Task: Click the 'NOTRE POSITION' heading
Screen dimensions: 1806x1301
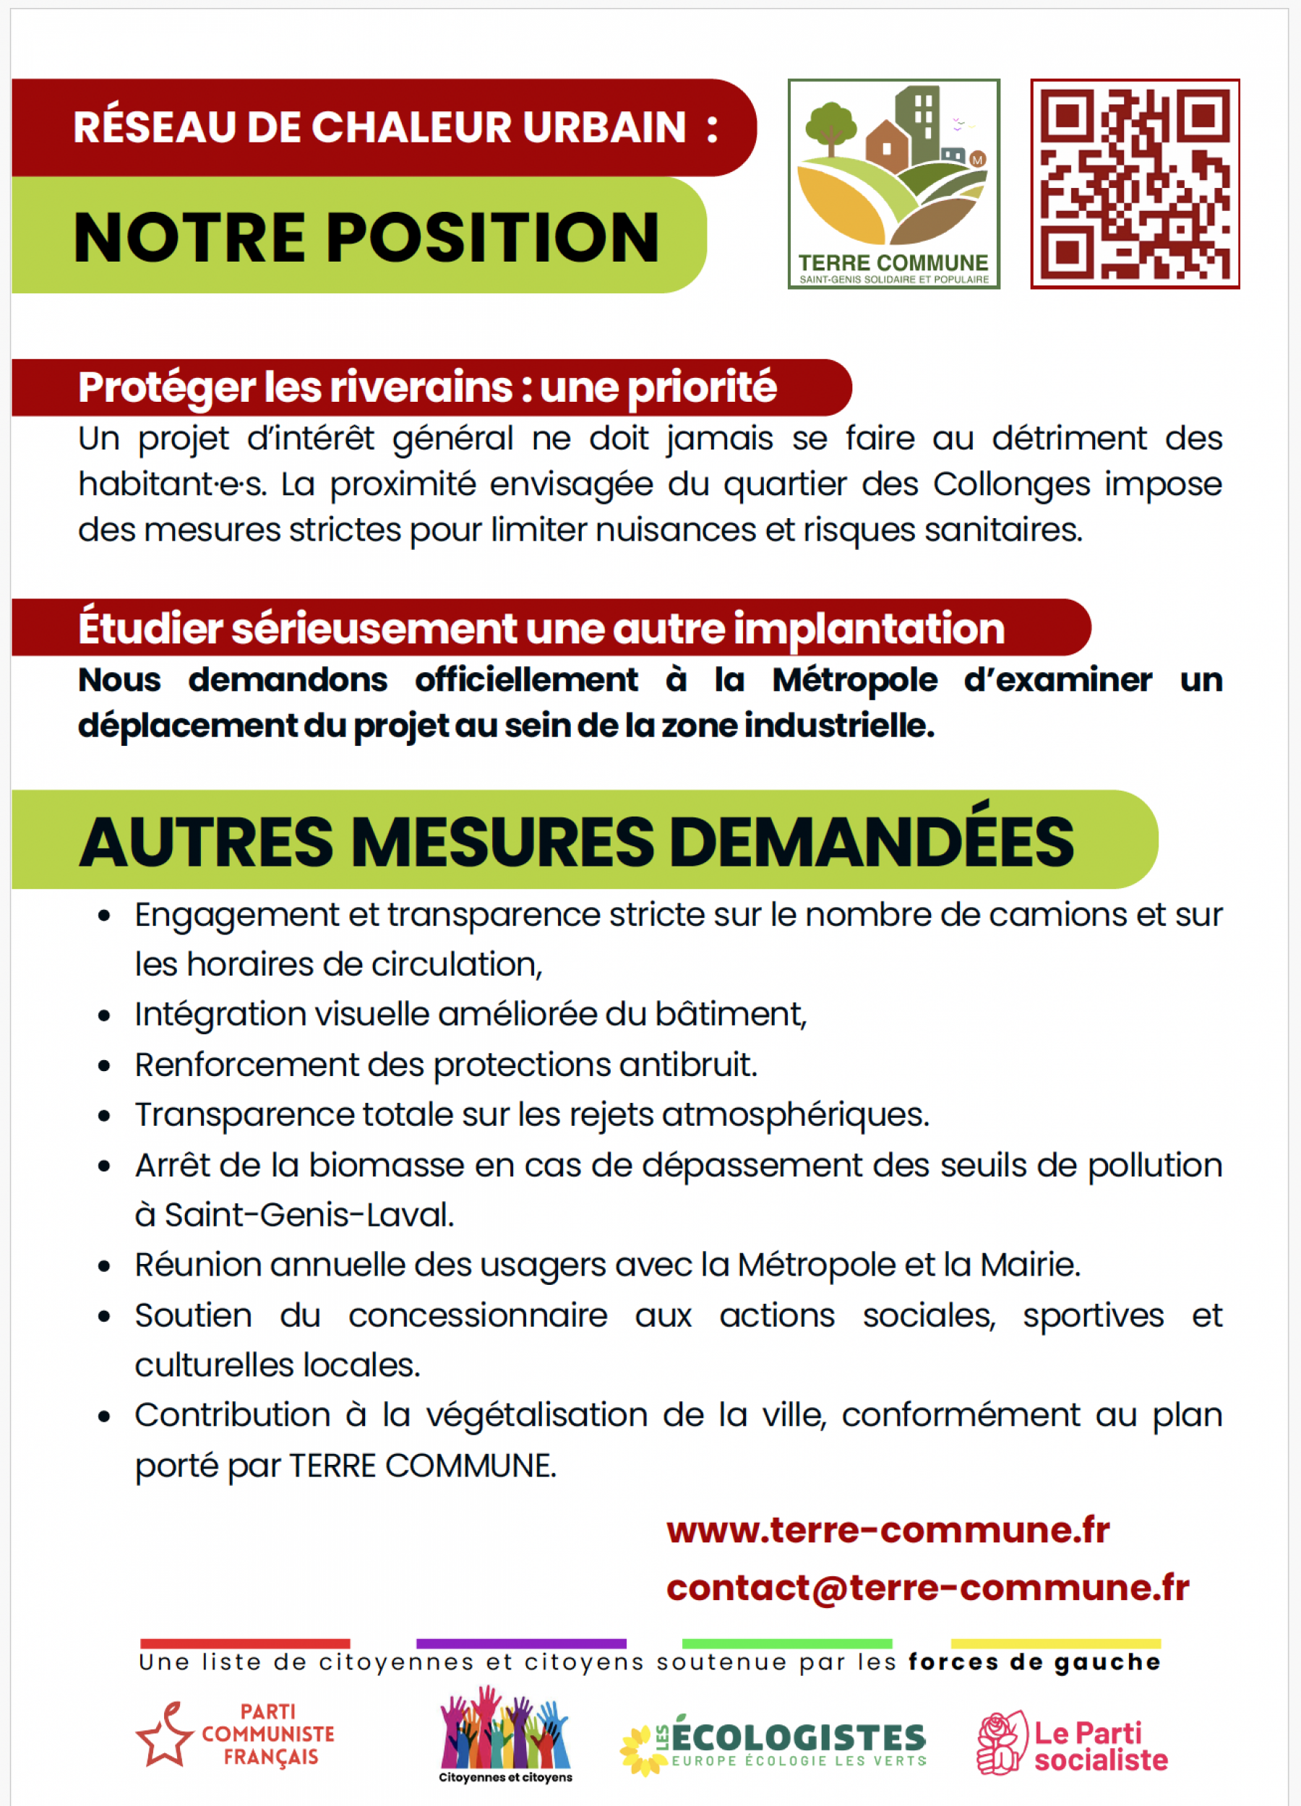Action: pos(366,237)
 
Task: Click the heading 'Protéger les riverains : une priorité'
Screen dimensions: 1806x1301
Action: pos(426,388)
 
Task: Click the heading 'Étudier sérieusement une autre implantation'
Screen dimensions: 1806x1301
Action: pos(541,628)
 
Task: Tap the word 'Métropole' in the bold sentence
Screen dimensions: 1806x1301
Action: pos(854,680)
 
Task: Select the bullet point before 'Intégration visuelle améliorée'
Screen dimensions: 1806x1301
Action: pos(104,1016)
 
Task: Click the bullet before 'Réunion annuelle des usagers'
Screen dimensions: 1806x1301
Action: pos(104,1266)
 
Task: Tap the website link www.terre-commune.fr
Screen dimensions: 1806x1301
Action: pos(888,1531)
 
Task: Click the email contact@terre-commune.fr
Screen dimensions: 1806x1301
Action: pos(927,1588)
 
